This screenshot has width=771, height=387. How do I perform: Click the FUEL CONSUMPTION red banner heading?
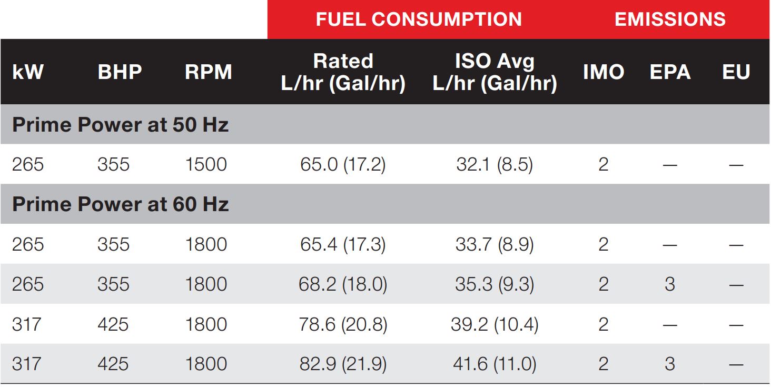click(x=419, y=19)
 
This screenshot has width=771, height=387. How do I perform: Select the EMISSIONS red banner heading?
click(x=670, y=19)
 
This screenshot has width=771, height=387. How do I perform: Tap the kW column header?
click(x=28, y=72)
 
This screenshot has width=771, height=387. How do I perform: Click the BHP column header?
click(x=120, y=72)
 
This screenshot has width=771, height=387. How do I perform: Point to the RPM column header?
click(x=208, y=72)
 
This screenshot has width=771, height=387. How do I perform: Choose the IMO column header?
click(x=604, y=72)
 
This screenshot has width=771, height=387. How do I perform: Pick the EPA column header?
click(x=670, y=72)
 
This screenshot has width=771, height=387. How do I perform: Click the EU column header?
click(x=736, y=72)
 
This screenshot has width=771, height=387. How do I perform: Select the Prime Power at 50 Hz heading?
click(x=120, y=125)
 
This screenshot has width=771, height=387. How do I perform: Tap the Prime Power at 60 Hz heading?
click(x=120, y=204)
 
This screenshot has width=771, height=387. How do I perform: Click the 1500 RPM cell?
click(x=206, y=165)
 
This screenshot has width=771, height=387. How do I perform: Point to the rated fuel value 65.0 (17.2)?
click(x=343, y=165)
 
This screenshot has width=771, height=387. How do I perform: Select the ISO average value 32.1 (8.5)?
click(x=495, y=165)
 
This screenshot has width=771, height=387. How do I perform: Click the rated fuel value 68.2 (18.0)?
click(x=343, y=284)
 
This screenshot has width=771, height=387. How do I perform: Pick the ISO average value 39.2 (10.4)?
click(x=495, y=324)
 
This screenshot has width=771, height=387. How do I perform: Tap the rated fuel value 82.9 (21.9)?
click(x=343, y=364)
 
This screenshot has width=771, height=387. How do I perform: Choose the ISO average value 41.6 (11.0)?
click(x=495, y=364)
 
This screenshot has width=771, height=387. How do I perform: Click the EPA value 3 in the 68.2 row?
click(x=670, y=284)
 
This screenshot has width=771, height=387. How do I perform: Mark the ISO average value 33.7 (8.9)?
click(x=495, y=244)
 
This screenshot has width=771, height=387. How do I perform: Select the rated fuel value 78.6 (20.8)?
click(x=343, y=324)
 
